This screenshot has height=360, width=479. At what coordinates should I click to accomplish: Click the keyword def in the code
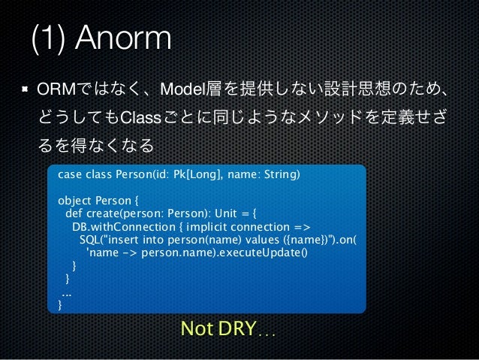(x=74, y=215)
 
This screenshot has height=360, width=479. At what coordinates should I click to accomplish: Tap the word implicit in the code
(x=200, y=228)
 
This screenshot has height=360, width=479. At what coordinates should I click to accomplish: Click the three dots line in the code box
(x=66, y=292)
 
